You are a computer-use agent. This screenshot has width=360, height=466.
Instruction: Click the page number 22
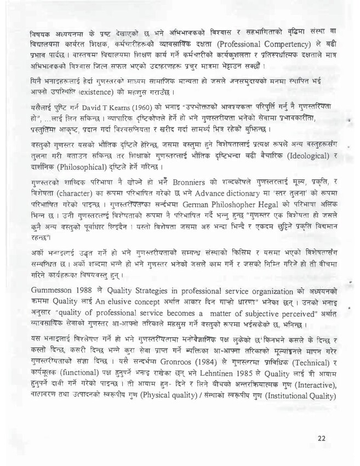322,439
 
